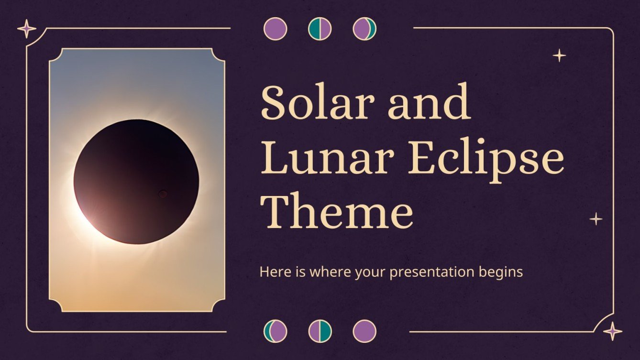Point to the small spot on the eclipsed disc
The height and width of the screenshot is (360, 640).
point(163,194)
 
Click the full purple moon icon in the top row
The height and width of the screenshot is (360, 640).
point(275,29)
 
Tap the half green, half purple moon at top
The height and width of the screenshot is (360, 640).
point(320,29)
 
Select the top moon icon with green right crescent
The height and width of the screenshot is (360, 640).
point(364,29)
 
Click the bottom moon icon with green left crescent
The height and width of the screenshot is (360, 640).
point(275,331)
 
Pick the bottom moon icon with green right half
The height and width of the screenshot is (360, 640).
point(320,331)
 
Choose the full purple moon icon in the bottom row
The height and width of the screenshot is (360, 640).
point(364,331)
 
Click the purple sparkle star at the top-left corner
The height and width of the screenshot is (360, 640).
point(27,29)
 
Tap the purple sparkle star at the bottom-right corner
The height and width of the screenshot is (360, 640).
point(613,331)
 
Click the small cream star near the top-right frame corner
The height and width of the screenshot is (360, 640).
point(559,56)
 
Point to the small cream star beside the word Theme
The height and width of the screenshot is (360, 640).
point(596,219)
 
